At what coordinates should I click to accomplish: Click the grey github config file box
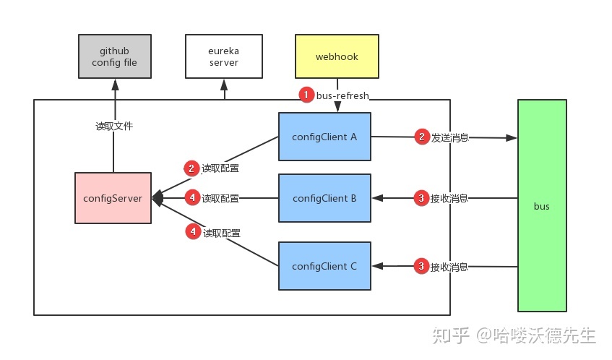(115, 56)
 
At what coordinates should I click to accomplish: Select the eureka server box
(224, 56)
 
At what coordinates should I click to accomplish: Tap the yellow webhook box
(337, 56)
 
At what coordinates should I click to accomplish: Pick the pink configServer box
(113, 198)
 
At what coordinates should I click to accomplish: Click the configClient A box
(324, 137)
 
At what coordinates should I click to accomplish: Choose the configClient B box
(324, 198)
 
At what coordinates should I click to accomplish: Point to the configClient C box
(324, 266)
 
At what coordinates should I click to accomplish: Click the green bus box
(542, 205)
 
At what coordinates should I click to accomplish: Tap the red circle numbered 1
(306, 95)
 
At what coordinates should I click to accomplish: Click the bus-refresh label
(342, 95)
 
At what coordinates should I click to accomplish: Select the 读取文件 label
(114, 126)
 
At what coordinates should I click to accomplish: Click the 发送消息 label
(449, 137)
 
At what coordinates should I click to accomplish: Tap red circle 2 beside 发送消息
(422, 137)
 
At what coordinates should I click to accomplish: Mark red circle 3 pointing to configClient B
(421, 198)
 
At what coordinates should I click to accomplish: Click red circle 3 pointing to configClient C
(421, 266)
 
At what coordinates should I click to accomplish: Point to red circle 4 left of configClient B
(192, 197)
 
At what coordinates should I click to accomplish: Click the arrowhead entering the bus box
(512, 138)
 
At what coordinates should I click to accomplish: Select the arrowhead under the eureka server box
(224, 85)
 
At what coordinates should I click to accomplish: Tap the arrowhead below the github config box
(115, 85)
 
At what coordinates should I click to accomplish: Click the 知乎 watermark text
(451, 335)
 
